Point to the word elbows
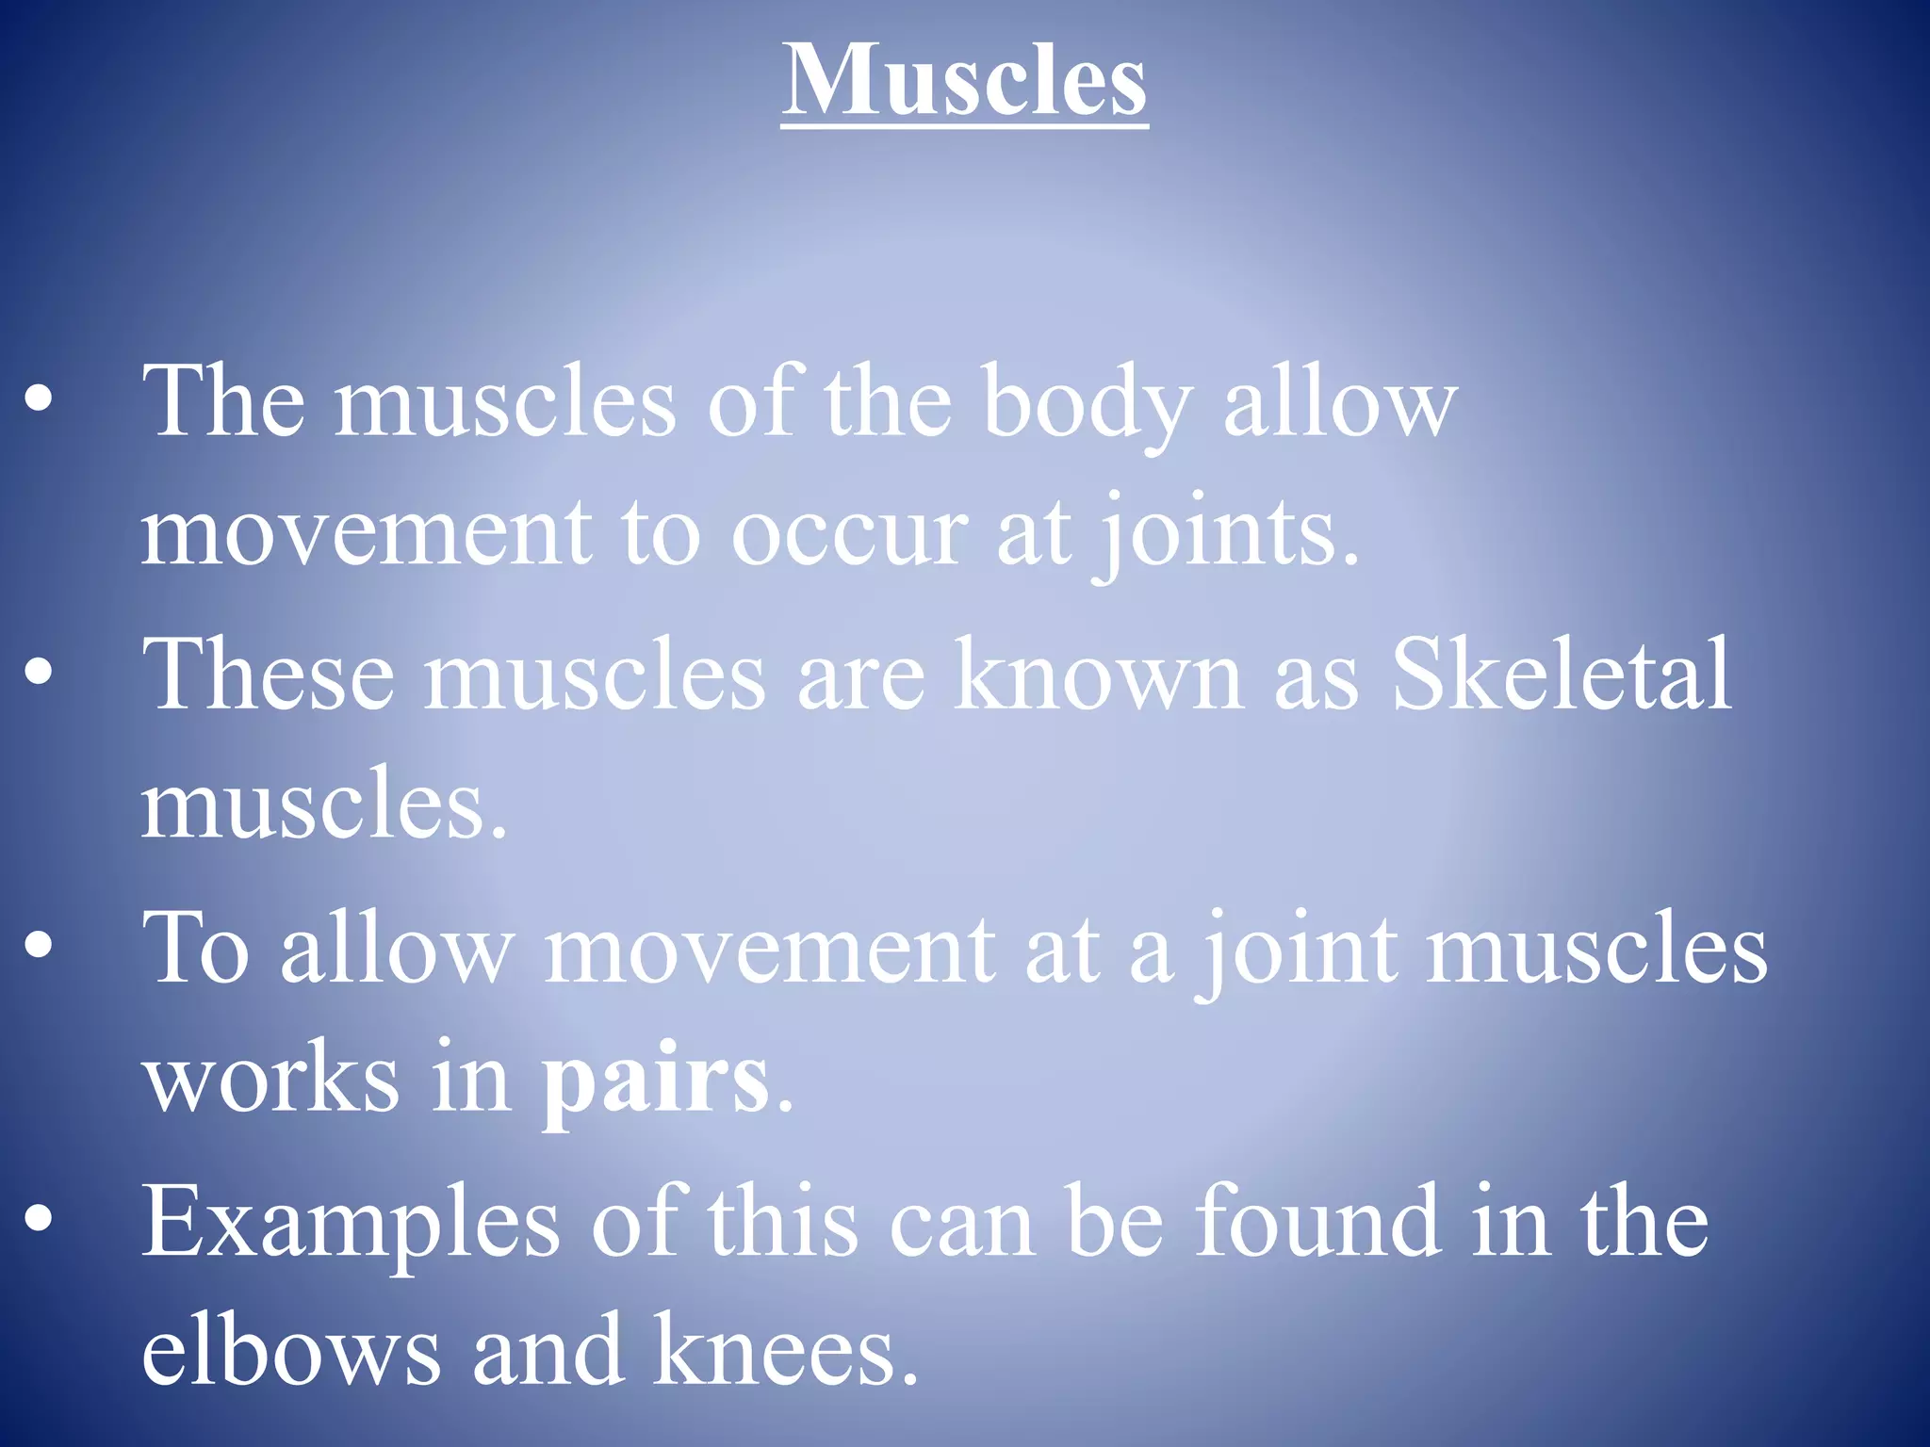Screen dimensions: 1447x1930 coord(290,1351)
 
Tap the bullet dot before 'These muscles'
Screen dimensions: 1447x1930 coord(39,673)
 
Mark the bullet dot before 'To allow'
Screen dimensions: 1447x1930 coord(39,946)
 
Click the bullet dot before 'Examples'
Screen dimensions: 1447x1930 coord(39,1221)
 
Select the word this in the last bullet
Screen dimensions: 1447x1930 coord(783,1222)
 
